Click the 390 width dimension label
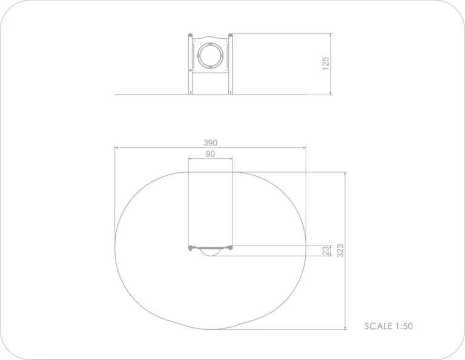(210, 143)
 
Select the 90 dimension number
(210, 154)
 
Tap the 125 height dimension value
(326, 64)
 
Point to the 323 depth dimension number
(340, 251)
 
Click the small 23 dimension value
(326, 251)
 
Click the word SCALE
(378, 326)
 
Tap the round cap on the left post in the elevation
(190, 35)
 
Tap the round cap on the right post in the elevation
(231, 35)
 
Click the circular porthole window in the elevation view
(210, 56)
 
